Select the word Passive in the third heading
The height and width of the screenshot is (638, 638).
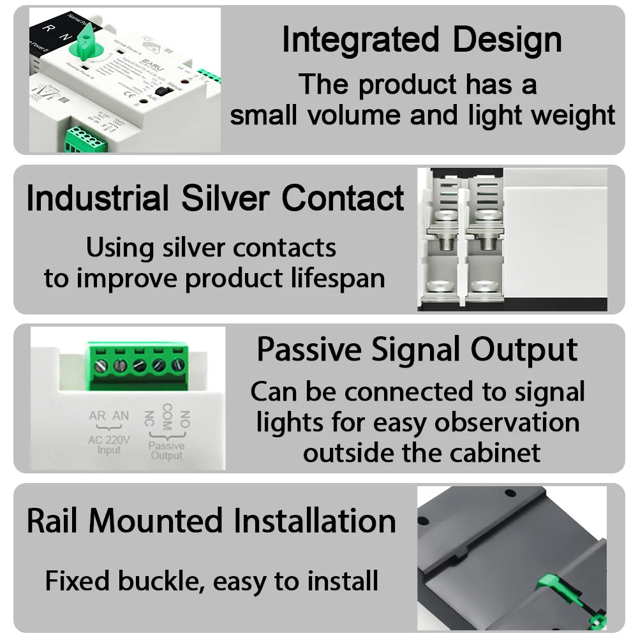[309, 350]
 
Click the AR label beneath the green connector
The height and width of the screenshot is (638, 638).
[98, 416]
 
